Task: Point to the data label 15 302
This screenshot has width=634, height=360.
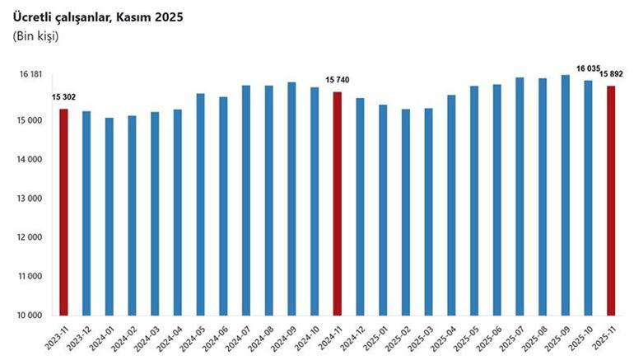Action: (63, 98)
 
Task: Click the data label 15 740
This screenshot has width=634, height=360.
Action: (338, 80)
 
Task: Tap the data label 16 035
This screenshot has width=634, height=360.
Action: (588, 68)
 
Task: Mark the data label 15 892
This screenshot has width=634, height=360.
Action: (611, 75)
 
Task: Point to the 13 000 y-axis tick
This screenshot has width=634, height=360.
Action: (30, 199)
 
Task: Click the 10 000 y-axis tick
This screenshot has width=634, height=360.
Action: (30, 316)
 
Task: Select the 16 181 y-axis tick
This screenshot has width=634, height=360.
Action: (30, 75)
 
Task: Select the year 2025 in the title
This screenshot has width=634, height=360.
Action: (168, 16)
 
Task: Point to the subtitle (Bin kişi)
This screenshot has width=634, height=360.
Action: (36, 36)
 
